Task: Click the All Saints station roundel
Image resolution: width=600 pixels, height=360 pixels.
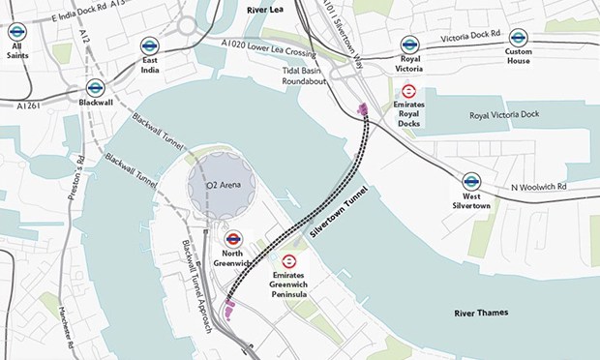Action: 16,32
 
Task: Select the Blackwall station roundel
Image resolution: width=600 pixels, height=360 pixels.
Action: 95,87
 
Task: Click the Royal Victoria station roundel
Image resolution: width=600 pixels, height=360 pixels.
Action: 409,44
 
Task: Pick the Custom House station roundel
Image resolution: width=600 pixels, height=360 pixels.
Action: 519,37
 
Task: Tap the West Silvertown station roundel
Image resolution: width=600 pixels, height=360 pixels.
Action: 471,180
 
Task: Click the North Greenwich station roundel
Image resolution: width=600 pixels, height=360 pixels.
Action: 232,238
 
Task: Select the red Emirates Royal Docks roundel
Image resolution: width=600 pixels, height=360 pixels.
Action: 408,91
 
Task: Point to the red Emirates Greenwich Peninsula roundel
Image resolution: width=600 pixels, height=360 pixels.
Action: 288,261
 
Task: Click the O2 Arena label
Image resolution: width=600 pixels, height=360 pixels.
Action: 222,184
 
